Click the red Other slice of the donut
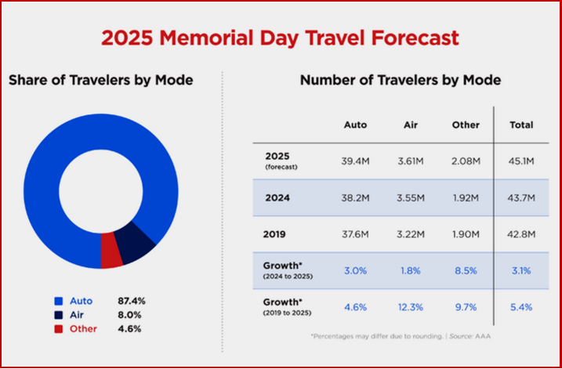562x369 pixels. point(111,255)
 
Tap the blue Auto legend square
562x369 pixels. point(57,301)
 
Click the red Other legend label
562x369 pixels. point(82,329)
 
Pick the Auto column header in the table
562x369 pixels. point(356,125)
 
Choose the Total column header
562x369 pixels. point(520,125)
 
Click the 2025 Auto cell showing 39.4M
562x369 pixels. point(357,161)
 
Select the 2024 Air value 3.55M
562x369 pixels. point(412,198)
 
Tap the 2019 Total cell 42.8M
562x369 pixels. point(520,234)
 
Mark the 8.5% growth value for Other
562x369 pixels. point(466,270)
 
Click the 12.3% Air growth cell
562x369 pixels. point(412,306)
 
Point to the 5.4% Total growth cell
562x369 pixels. point(520,306)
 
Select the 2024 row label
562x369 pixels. point(277,198)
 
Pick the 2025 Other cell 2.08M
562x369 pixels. point(466,161)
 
